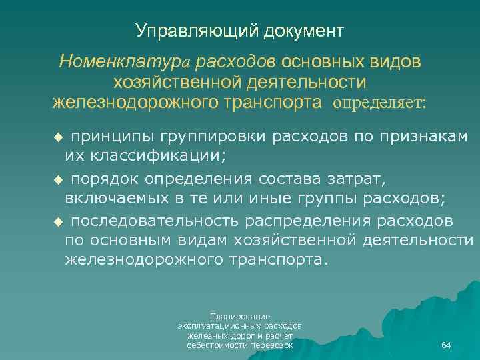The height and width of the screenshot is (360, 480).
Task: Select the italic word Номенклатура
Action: coord(125,63)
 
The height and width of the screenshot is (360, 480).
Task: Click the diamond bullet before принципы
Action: coord(57,137)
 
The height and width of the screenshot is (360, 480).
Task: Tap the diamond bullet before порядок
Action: coord(57,180)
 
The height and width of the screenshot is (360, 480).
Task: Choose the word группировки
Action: coord(215,137)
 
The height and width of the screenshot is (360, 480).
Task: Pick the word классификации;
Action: coord(145,157)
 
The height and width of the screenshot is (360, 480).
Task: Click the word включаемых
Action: coord(122,199)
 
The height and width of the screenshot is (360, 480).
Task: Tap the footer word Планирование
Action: coord(239,316)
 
